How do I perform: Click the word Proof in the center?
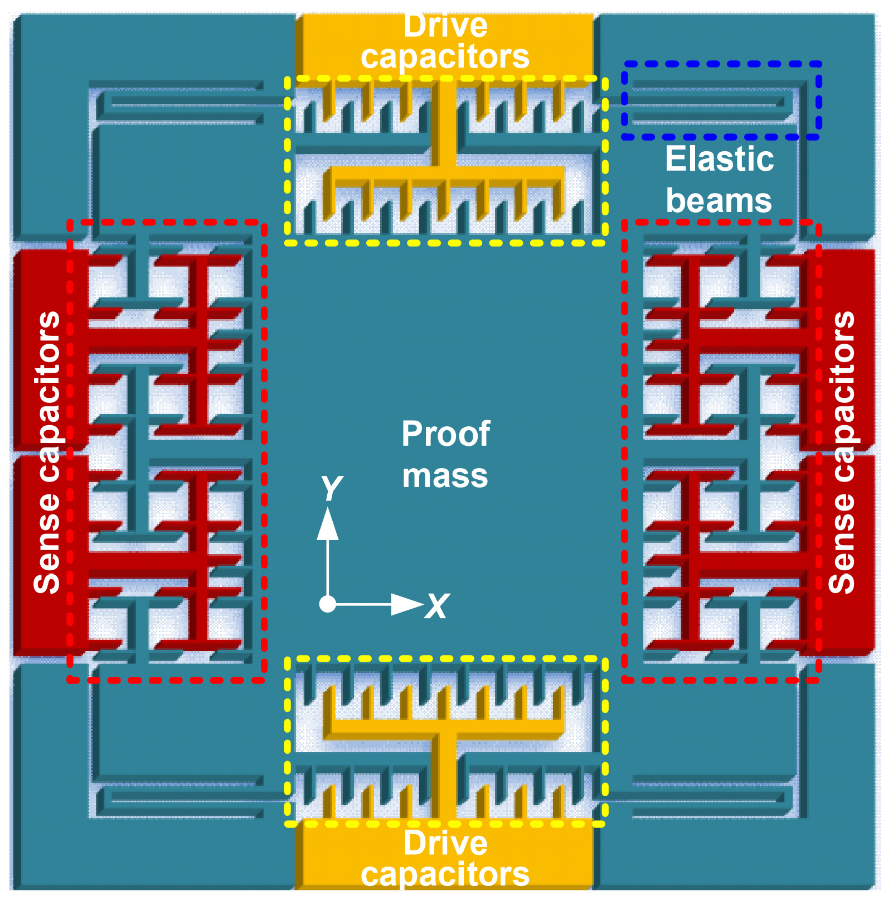[x=445, y=434]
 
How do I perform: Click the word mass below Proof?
[x=445, y=476]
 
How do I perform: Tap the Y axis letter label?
[x=332, y=488]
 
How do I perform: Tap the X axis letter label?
[x=438, y=606]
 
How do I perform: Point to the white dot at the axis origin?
[x=327, y=604]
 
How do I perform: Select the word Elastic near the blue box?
[x=719, y=160]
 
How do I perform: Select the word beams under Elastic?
[x=719, y=201]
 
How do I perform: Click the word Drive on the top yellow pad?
[x=445, y=27]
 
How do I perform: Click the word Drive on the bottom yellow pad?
[x=445, y=843]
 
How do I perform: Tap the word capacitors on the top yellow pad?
[x=445, y=57]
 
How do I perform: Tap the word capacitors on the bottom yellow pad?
[x=445, y=875]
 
